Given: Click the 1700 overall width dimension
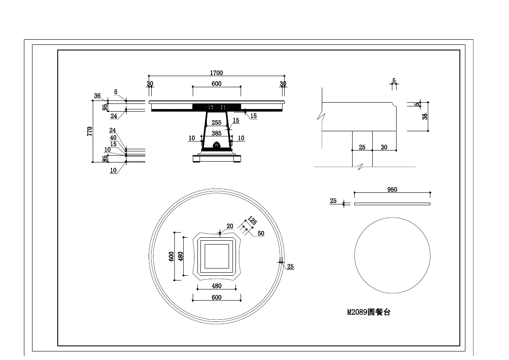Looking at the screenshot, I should point(217,73).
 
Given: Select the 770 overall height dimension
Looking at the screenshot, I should point(89,131).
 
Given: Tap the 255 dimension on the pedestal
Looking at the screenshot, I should point(217,123).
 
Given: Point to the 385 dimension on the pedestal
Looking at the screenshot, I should point(217,133).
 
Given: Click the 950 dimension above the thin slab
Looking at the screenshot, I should point(392,189).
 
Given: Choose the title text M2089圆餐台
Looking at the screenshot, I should point(368,313).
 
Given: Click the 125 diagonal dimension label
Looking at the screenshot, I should point(252,221).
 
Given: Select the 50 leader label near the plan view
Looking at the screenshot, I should point(261,233).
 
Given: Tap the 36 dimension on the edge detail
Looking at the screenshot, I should point(425,116).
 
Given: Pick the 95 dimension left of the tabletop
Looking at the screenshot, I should point(105,107).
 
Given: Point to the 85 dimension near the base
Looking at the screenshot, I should point(105,159).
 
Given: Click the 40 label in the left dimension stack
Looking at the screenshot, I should point(113,138).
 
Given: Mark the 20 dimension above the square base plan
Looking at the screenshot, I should point(230,226).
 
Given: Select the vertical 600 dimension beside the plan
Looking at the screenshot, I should point(171,257).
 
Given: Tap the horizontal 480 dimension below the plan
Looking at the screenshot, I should point(217,286).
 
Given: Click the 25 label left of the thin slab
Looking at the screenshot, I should point(333,201).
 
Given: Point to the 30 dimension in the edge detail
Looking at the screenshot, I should point(384,147).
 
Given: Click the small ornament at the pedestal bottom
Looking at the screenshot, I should point(217,145).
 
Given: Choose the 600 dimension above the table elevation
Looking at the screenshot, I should point(217,84).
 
